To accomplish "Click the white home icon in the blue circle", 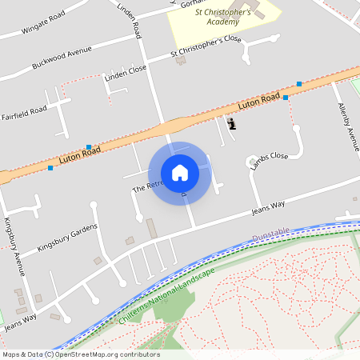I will pos(180,172).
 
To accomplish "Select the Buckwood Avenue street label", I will pos(62,57).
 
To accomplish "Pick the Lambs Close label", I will pos(268,161).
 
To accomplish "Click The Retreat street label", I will pos(148,186).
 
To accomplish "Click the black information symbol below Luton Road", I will pos(232,124).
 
